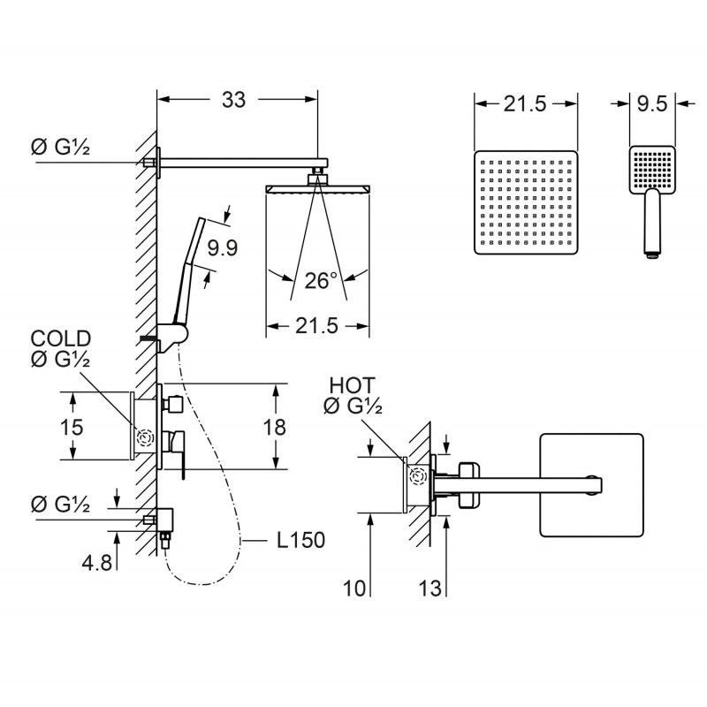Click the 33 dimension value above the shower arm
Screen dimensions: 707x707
[x=233, y=100]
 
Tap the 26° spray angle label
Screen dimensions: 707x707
[x=321, y=280]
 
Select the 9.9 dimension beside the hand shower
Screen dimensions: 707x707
[x=223, y=247]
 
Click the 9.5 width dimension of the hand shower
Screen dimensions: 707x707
[x=652, y=103]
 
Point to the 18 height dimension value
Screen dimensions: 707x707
[x=274, y=427]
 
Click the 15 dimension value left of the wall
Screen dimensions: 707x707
[x=72, y=427]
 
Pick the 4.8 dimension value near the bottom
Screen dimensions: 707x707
[x=96, y=563]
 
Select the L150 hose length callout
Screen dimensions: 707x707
[x=300, y=540]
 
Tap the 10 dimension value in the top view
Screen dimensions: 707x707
[x=354, y=588]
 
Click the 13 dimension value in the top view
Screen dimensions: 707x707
[x=430, y=588]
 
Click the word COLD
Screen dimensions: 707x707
[x=61, y=338]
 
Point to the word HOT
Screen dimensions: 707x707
[x=352, y=385]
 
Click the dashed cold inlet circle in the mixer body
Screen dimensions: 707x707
[x=145, y=437]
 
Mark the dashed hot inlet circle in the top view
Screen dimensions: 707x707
[x=418, y=476]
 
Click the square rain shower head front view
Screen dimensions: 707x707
[x=526, y=202]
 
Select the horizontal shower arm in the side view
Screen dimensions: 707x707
[x=241, y=163]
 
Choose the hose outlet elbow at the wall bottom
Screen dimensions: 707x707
[x=165, y=520]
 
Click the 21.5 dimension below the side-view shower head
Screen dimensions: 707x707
[x=316, y=325]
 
